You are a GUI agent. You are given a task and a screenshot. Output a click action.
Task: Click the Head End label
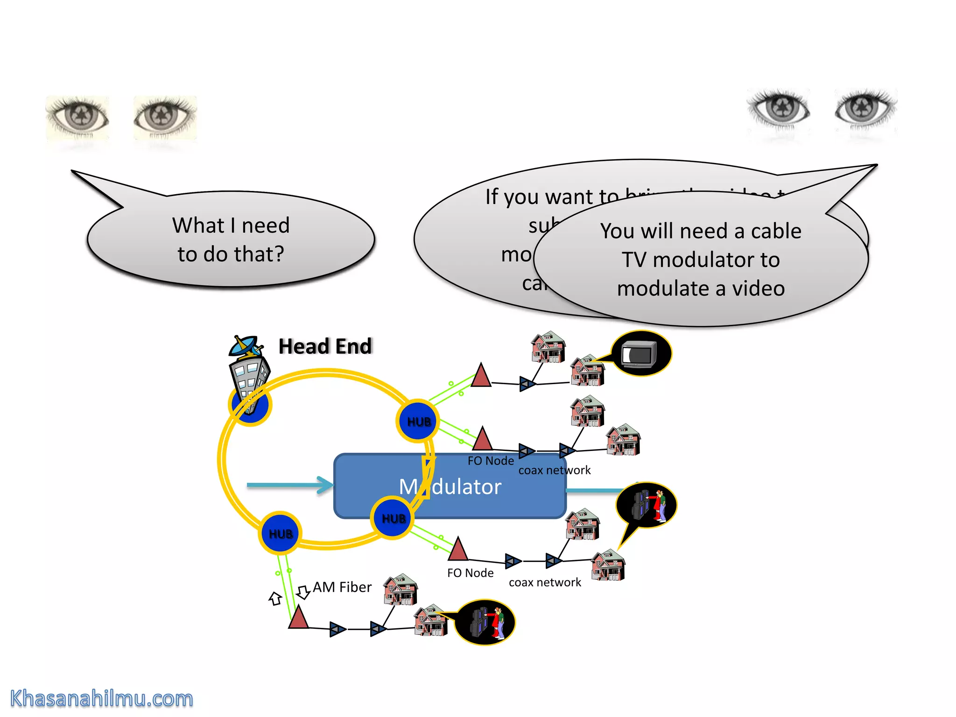coord(325,346)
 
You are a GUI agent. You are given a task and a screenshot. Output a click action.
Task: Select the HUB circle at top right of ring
coord(418,421)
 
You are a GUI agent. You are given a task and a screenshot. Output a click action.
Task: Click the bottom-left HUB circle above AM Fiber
coord(280,533)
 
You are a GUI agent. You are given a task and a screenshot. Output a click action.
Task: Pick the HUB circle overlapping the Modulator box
coord(393,518)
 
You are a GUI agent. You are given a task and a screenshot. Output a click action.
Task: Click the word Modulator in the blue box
coord(450,486)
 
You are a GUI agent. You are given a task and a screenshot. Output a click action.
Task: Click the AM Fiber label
coord(342,587)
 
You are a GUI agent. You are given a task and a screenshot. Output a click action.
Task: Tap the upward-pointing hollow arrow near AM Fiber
coord(275,598)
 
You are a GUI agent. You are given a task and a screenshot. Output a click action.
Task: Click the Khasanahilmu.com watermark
coord(101,699)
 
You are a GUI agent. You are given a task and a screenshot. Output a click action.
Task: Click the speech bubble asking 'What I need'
coord(231,239)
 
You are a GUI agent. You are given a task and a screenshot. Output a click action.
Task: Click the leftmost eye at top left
coord(78,117)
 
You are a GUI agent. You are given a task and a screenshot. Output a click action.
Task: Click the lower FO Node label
coord(470,573)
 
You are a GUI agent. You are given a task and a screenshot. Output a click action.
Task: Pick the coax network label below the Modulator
coord(545,582)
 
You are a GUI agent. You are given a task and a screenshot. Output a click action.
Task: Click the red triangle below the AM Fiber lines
coord(298,618)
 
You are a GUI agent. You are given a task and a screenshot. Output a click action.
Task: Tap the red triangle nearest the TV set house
coord(481,376)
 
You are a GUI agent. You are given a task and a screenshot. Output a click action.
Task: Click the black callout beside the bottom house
coord(484,622)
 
